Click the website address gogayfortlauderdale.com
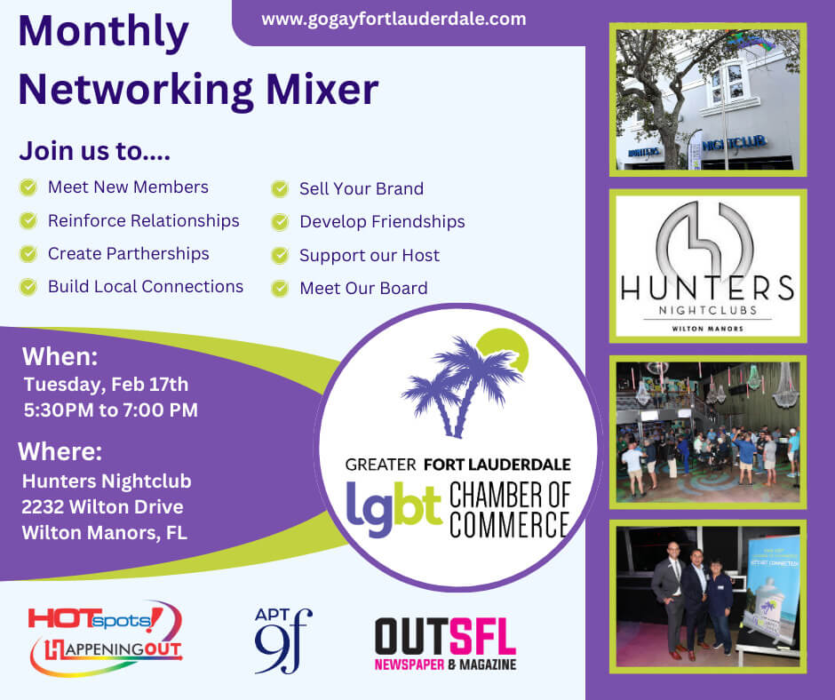[394, 19]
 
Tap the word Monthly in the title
[104, 34]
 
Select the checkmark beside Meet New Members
[28, 187]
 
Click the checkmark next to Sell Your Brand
[280, 189]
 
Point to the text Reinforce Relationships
[143, 220]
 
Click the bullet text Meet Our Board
[363, 288]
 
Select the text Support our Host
[369, 255]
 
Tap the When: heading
[60, 357]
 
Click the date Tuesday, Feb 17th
[106, 385]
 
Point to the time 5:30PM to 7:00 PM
[111, 410]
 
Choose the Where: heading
[60, 451]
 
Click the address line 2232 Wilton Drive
[103, 507]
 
